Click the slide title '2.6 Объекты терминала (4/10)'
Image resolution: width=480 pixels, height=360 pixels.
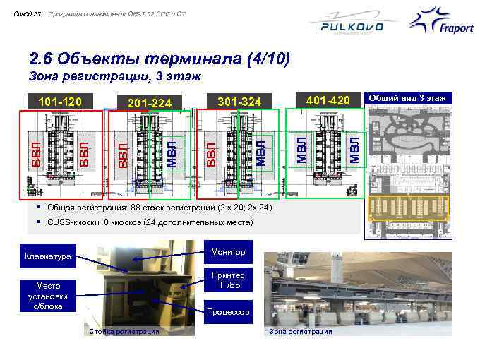(x=160, y=59)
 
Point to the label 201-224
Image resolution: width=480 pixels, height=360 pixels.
(x=150, y=104)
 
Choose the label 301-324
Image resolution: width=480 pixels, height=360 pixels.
(x=239, y=103)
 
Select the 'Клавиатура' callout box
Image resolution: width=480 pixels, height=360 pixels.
(x=48, y=256)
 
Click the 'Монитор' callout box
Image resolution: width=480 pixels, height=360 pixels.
(x=228, y=252)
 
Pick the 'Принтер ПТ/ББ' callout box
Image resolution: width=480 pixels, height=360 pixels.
(x=228, y=280)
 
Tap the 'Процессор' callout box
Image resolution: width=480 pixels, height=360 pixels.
(x=228, y=311)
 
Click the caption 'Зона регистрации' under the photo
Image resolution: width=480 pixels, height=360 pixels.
(x=301, y=331)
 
